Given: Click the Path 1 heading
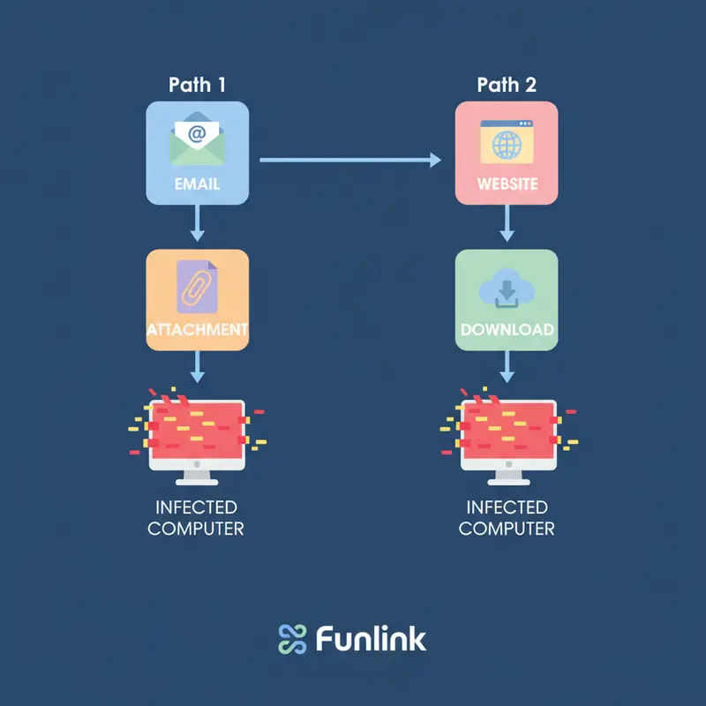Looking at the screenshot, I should pyautogui.click(x=198, y=86).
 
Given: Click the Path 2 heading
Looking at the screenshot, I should pyautogui.click(x=507, y=86).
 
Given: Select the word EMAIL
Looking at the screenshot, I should pyautogui.click(x=198, y=185).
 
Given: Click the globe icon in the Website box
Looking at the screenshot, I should pyautogui.click(x=507, y=143).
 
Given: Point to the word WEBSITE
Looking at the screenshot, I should pyautogui.click(x=507, y=185).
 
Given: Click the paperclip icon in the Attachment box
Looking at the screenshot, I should pyautogui.click(x=197, y=286).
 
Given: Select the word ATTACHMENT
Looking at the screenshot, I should pyautogui.click(x=198, y=330).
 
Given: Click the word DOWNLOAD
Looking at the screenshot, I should pyautogui.click(x=507, y=330).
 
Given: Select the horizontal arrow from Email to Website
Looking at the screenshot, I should pyautogui.click(x=349, y=160).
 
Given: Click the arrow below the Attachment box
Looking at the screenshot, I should pyautogui.click(x=198, y=365).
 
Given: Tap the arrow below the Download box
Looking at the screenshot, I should pyautogui.click(x=507, y=365).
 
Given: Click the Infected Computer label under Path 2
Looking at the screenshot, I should pyautogui.click(x=507, y=518).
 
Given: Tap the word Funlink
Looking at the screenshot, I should pyautogui.click(x=371, y=638).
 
